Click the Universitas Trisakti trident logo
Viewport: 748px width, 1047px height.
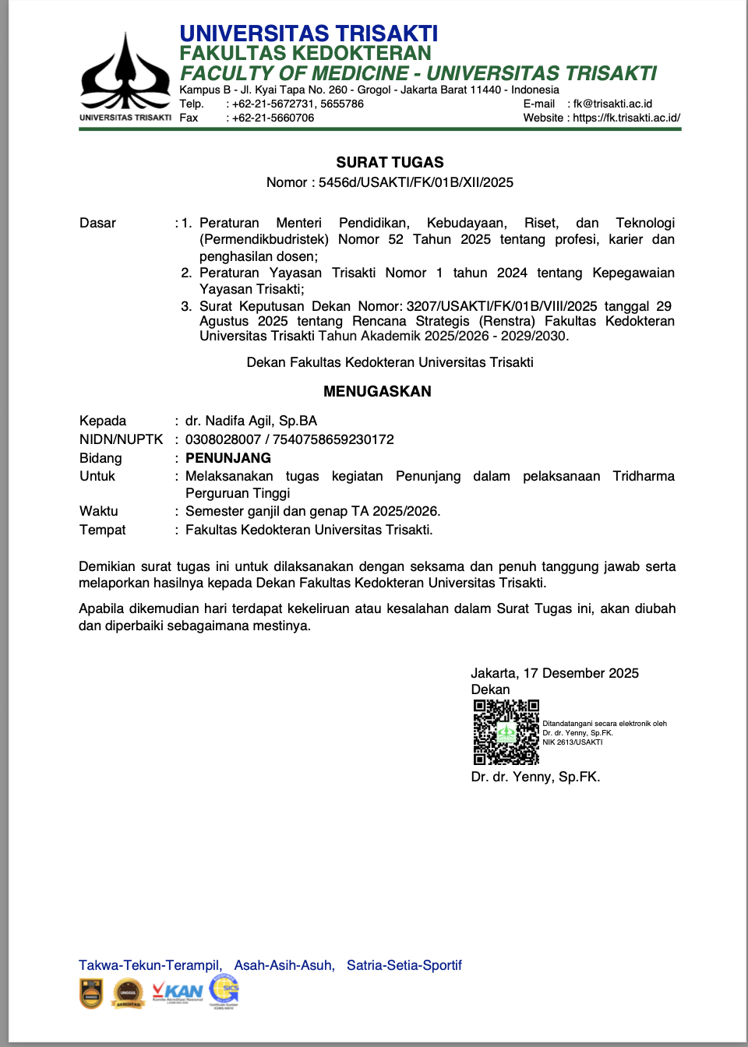coord(125,72)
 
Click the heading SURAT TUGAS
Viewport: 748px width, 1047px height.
coord(390,162)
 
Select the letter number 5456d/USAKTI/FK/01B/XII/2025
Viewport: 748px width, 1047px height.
coord(416,182)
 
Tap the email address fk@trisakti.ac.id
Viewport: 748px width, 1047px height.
coord(612,104)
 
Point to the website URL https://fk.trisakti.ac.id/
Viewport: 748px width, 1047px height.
coord(626,118)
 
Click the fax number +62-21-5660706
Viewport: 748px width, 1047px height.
coord(273,118)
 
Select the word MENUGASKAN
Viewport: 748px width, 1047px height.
coord(377,391)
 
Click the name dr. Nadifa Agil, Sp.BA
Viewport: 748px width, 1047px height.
coord(251,421)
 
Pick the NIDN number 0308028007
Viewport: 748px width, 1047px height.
coord(223,439)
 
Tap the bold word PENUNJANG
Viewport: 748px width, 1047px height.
coord(228,458)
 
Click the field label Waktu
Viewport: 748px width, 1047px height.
coord(99,511)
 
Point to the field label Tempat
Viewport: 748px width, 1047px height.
coord(103,530)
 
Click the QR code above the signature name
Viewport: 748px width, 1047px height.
coord(506,731)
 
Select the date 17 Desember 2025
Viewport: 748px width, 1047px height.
coord(581,673)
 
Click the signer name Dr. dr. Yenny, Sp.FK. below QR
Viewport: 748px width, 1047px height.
coord(535,777)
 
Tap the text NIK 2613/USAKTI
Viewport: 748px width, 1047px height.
coord(572,742)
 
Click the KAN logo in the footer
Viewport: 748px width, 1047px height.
coord(178,992)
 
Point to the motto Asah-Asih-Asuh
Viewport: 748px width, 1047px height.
coord(284,965)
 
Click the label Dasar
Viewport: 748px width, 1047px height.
coord(97,223)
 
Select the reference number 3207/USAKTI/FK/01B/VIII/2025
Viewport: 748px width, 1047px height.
coord(502,306)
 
